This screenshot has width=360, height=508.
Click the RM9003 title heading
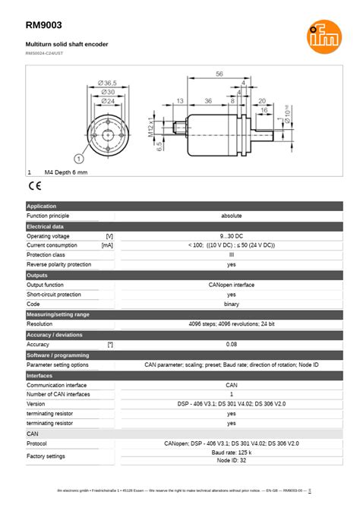[x=44, y=26]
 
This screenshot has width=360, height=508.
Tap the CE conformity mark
[x=35, y=185]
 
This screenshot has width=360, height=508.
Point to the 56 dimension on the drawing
[x=219, y=74]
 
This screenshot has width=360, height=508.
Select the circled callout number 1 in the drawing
[x=78, y=158]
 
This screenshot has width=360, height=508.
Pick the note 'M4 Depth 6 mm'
[x=66, y=173]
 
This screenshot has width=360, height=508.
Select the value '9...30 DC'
[x=232, y=236]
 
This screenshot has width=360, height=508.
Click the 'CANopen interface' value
[x=232, y=285]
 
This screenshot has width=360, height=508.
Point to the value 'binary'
[x=232, y=304]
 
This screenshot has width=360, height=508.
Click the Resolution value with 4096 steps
[x=232, y=324]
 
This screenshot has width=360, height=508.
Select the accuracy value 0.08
[x=232, y=344]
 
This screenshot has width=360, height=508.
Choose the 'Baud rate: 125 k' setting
[x=232, y=453]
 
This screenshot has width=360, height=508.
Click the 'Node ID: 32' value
[x=232, y=461]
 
